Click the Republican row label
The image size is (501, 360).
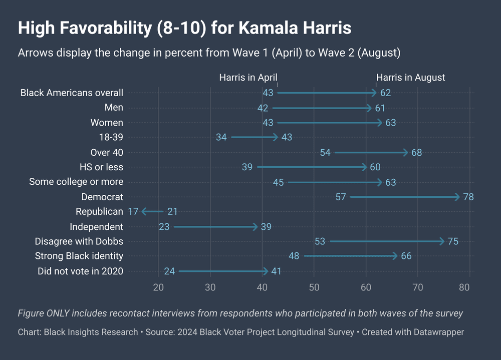tap(99, 212)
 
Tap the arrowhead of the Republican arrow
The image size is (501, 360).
tap(144, 212)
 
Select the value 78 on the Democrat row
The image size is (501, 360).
tap(468, 197)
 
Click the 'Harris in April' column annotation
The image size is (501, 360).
tap(248, 78)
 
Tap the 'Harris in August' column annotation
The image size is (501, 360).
tap(410, 78)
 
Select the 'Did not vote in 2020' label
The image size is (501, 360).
tap(80, 271)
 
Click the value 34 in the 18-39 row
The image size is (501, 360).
tap(221, 137)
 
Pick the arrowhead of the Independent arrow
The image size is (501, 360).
tap(256, 227)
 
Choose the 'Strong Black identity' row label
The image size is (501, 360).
tap(79, 256)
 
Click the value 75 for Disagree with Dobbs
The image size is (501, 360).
tap(453, 242)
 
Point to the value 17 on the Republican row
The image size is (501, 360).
tap(133, 212)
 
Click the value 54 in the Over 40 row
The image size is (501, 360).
tap(325, 152)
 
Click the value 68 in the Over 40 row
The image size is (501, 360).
tap(416, 152)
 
